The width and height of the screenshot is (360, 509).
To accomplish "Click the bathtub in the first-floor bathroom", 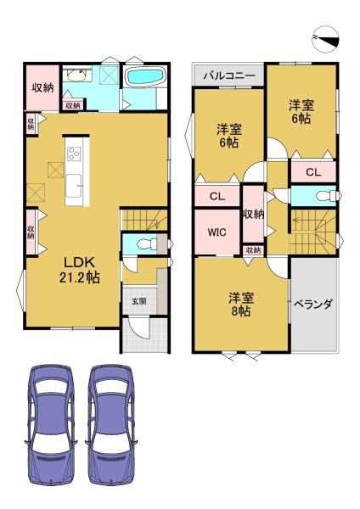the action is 145,77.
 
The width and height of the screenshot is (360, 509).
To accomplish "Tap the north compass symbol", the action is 326,39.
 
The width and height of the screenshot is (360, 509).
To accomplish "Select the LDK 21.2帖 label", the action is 80,270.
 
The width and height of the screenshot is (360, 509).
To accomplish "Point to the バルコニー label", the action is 229,76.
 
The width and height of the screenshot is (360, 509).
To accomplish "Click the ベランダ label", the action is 313,305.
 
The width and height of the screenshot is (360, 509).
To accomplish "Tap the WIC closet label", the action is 217,232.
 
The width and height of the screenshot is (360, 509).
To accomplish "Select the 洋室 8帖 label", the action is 241,305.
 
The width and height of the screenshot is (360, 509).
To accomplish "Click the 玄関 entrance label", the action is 138,301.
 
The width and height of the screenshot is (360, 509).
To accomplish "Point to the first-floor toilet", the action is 146,244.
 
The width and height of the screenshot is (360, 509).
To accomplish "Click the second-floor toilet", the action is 327,196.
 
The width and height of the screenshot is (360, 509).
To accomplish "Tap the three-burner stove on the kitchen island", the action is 74,154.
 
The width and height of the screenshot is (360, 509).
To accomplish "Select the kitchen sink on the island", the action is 73,186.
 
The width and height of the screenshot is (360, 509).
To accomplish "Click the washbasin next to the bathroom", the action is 76,76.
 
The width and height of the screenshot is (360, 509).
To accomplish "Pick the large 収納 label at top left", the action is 43,87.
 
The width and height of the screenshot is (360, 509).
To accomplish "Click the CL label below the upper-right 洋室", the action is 313,172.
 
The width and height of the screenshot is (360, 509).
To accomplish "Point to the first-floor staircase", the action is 144,220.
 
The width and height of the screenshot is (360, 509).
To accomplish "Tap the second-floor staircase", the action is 313,232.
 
